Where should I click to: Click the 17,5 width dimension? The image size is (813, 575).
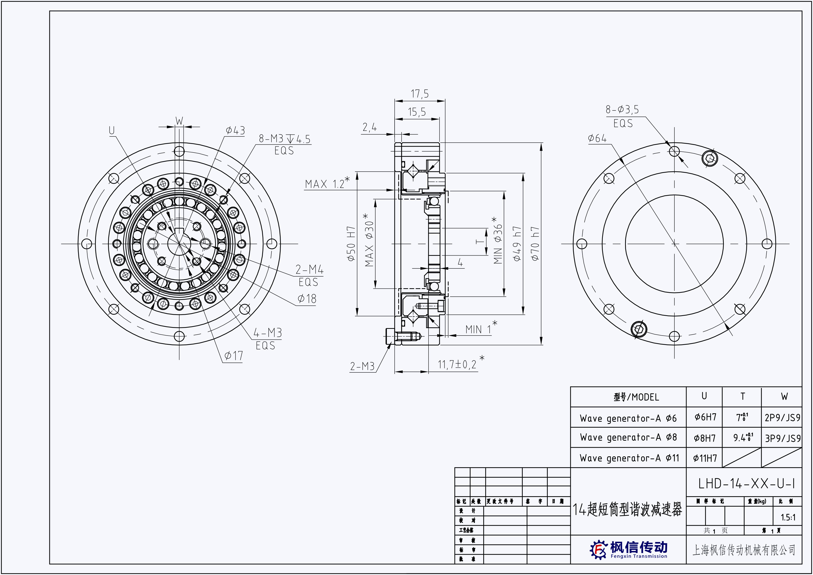pos(420,94)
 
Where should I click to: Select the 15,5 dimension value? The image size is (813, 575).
pos(417,112)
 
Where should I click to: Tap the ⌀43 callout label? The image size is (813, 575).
pos(235,131)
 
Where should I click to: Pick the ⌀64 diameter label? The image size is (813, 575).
pos(597,138)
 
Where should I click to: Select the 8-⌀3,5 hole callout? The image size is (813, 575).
pos(622,110)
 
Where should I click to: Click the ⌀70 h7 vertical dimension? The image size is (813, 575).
pos(535,244)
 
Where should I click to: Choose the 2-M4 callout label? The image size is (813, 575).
pos(309,270)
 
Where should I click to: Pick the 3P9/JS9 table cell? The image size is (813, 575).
pos(783,438)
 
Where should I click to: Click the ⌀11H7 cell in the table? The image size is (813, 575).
pos(704,458)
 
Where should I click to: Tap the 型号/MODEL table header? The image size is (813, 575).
pos(636,397)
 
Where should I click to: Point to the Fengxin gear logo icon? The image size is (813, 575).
pos(598,549)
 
